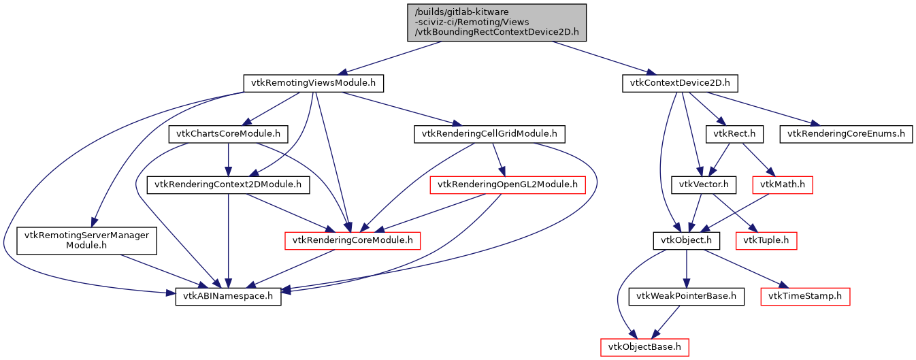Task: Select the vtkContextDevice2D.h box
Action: click(680, 84)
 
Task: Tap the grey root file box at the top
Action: click(496, 22)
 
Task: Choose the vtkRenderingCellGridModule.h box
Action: click(490, 133)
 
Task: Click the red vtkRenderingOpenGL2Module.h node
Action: click(508, 184)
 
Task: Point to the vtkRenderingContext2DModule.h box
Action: click(228, 184)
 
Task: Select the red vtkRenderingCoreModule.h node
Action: click(353, 240)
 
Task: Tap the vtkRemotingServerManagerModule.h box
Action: click(86, 240)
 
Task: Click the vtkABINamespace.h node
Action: click(228, 297)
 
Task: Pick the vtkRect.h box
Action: click(734, 133)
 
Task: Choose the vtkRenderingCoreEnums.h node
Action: click(846, 133)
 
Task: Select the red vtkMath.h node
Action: click(783, 184)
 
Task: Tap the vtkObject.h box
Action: click(687, 240)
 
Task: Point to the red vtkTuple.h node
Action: click(766, 240)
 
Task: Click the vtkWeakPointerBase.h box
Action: click(687, 297)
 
